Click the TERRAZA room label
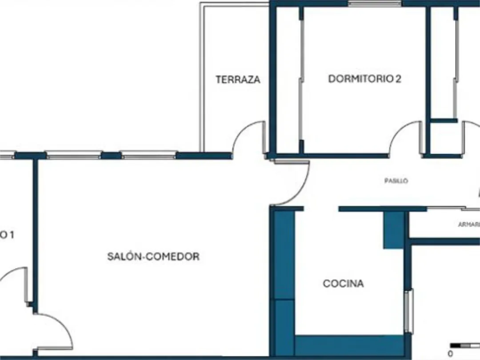tap(238, 80)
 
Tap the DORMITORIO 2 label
tap(364, 79)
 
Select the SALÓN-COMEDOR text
tap(153, 256)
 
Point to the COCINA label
tap(343, 284)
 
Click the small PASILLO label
tap(396, 181)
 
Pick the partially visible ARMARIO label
tap(468, 224)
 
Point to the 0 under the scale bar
tap(450, 354)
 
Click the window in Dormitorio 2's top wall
tap(374, 4)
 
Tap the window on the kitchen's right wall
tap(409, 311)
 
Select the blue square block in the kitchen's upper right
tap(393, 230)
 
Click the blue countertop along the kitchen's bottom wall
tap(349, 345)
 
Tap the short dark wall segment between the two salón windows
tap(111, 156)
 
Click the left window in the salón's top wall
tap(74, 156)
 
